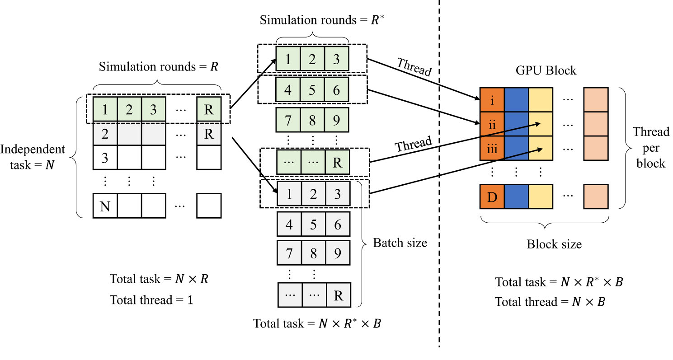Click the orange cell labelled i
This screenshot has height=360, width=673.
491,100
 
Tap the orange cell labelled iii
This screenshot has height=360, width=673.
491,149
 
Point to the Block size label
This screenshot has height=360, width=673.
554,244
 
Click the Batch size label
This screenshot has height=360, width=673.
400,243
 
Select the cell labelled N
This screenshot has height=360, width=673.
105,206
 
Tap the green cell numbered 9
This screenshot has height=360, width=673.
337,120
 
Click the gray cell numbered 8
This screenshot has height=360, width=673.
313,253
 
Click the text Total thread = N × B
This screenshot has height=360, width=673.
550,301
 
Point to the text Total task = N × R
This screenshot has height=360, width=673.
159,279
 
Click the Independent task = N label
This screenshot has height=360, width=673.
33,156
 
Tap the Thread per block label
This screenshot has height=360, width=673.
651,147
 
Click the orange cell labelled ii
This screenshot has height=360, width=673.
491,124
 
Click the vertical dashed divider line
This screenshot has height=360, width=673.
439,181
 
